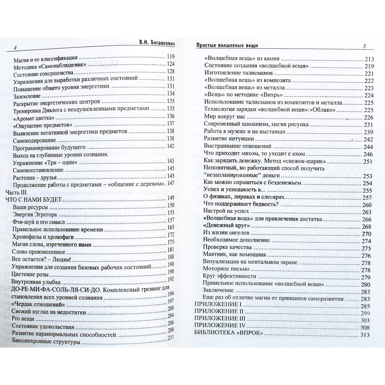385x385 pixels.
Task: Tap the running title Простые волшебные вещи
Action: coord(227,45)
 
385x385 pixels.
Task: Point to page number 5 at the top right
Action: coord(364,46)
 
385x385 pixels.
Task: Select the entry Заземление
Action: coord(27,96)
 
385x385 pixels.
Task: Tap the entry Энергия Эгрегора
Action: coord(35,214)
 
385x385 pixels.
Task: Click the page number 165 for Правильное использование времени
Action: coord(171,227)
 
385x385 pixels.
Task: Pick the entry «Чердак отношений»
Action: coord(38,304)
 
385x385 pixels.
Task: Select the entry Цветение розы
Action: coord(30,274)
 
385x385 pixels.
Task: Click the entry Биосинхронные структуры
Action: coord(46,342)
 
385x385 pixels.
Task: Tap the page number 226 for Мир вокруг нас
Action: coord(369,117)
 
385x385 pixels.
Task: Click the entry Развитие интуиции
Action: coord(229,139)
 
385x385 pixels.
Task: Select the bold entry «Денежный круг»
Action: coord(226,226)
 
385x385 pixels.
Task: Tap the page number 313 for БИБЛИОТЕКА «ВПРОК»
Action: coord(365,335)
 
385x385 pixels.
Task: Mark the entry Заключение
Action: coord(218,290)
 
